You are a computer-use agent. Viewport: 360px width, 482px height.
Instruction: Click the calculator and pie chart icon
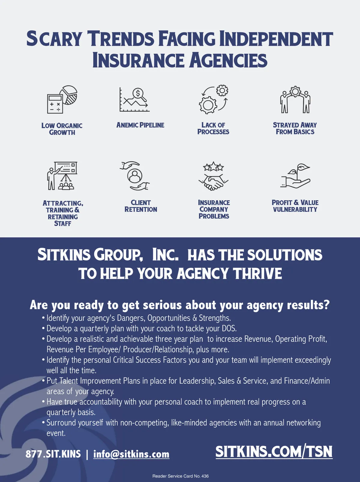click(62, 99)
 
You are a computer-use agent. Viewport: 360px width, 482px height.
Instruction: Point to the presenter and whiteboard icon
click(62, 176)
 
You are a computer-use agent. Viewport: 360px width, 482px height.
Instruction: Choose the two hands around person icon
click(135, 176)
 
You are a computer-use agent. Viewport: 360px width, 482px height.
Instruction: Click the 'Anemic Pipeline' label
click(140, 125)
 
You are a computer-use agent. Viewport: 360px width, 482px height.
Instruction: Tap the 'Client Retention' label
click(141, 206)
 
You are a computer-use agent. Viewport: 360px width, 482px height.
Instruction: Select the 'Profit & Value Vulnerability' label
click(295, 206)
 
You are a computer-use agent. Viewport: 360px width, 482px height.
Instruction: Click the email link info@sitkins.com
click(131, 454)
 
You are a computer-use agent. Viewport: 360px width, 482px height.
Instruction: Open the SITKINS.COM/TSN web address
click(274, 452)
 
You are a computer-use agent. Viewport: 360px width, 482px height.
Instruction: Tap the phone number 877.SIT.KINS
click(53, 454)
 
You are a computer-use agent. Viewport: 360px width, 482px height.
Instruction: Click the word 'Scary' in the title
click(54, 39)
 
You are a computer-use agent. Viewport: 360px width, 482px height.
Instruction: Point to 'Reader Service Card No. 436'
click(180, 476)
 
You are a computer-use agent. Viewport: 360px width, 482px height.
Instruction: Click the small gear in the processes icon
click(222, 90)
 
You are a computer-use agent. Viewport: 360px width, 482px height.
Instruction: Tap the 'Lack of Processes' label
click(213, 128)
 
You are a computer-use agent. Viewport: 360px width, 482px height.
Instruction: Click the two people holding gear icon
click(295, 99)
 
